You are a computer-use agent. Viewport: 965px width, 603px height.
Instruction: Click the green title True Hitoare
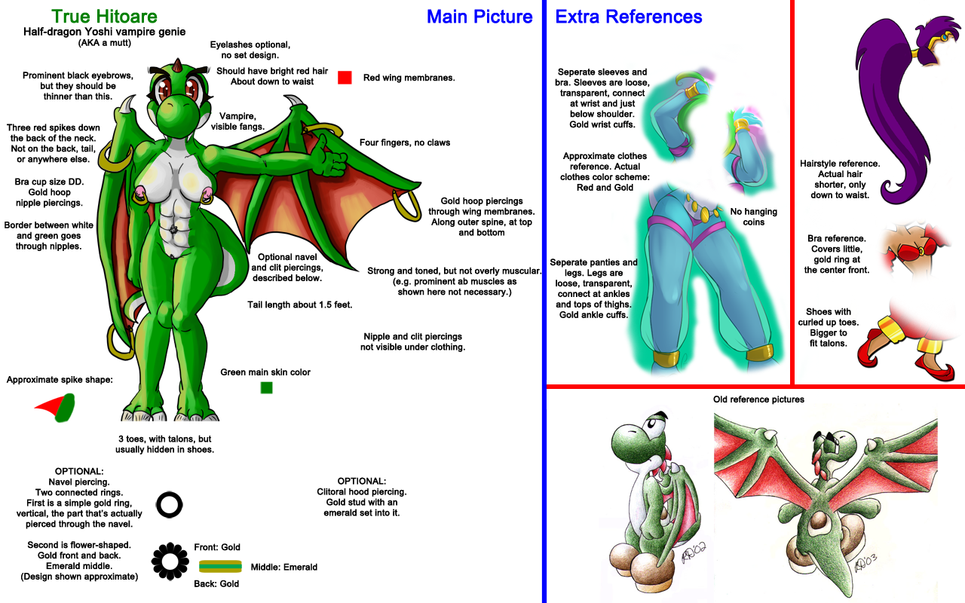tap(104, 17)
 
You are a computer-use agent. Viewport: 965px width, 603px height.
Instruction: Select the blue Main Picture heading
tap(479, 17)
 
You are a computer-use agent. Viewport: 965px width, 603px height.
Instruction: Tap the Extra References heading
tap(629, 17)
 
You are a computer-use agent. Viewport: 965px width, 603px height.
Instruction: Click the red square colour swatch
tap(345, 77)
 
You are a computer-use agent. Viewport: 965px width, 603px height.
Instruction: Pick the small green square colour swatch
tap(266, 387)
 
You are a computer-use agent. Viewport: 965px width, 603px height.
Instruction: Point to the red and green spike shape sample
tap(57, 408)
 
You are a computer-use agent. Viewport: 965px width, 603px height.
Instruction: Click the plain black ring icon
tap(169, 504)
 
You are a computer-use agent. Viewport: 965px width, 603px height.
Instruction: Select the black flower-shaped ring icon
tap(170, 560)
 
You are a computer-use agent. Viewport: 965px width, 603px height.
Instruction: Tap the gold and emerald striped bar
tap(220, 566)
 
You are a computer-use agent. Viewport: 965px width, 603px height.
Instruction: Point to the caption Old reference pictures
tap(758, 399)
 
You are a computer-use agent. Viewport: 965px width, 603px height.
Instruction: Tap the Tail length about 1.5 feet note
tap(300, 305)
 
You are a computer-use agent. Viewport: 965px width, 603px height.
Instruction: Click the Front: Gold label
tap(217, 547)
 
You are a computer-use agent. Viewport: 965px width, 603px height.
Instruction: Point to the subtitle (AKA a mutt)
tap(104, 43)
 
